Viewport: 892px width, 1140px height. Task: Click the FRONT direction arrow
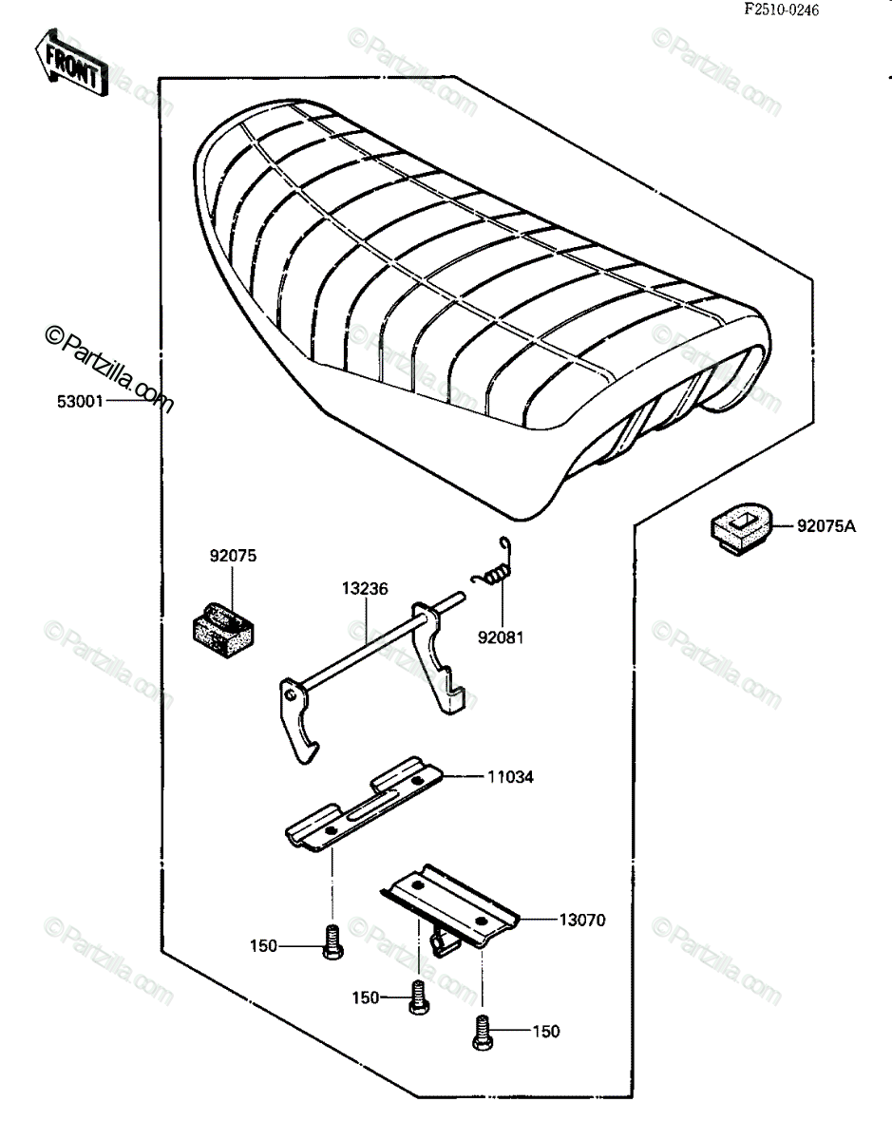point(72,63)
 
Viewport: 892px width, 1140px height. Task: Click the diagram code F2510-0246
point(782,9)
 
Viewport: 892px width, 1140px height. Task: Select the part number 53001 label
point(80,402)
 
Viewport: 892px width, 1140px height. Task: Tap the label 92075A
point(826,525)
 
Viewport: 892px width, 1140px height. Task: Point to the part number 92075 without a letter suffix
point(234,556)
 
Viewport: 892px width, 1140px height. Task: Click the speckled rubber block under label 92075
point(223,630)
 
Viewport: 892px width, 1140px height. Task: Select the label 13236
point(365,589)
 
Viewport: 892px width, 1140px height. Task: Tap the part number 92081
point(501,637)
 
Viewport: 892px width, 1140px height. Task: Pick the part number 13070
point(582,920)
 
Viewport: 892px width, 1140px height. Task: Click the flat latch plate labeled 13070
point(450,909)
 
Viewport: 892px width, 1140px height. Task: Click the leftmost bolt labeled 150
point(332,942)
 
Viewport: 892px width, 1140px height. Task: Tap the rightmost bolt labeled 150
point(483,1033)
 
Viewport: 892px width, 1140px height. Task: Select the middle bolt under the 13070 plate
point(419,997)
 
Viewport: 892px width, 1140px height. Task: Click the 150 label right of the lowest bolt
point(546,1032)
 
